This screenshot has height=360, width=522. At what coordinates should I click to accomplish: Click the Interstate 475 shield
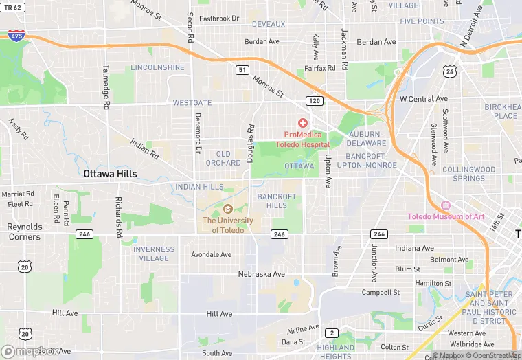pyautogui.click(x=14, y=34)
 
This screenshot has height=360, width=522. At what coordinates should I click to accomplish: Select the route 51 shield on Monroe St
pyautogui.click(x=242, y=69)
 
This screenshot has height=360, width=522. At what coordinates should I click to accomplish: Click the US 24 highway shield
pyautogui.click(x=450, y=71)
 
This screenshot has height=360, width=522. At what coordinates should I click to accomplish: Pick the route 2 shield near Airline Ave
pyautogui.click(x=332, y=333)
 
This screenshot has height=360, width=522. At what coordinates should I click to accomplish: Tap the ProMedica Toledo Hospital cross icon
pyautogui.click(x=302, y=122)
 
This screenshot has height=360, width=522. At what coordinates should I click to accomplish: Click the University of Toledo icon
pyautogui.click(x=227, y=209)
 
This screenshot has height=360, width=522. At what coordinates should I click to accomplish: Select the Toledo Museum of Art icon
pyautogui.click(x=445, y=205)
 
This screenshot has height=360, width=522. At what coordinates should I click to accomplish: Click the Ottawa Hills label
pyautogui.click(x=110, y=174)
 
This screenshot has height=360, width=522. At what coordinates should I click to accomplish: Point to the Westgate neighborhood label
pyautogui.click(x=192, y=103)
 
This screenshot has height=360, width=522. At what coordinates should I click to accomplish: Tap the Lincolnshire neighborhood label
pyautogui.click(x=157, y=67)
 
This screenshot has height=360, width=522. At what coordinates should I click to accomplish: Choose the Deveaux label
pyautogui.click(x=269, y=24)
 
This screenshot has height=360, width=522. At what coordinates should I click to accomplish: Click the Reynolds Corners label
pyautogui.click(x=24, y=232)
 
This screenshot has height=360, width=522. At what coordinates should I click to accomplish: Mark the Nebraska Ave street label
pyautogui.click(x=261, y=274)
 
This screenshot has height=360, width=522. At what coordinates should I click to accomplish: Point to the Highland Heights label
pyautogui.click(x=335, y=352)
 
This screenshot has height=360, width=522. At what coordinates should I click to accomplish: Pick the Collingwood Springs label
pyautogui.click(x=468, y=174)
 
